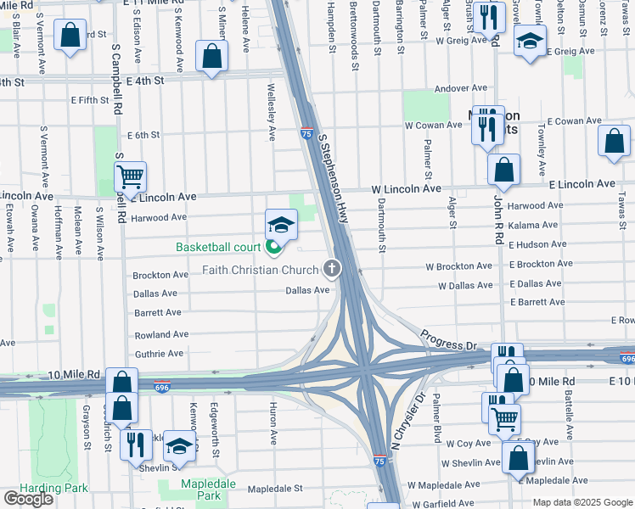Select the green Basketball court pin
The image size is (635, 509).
coord(273,248)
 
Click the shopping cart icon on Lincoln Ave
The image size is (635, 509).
coord(130,177)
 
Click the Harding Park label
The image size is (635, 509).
coord(33,489)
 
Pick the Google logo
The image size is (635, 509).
coord(28,499)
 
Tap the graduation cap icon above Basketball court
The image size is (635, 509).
coord(282,225)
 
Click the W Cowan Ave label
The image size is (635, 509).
coord(433,125)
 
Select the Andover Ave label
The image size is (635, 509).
coord(460,88)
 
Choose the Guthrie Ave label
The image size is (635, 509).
coord(159,354)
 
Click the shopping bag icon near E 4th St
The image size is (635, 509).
coord(211,57)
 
